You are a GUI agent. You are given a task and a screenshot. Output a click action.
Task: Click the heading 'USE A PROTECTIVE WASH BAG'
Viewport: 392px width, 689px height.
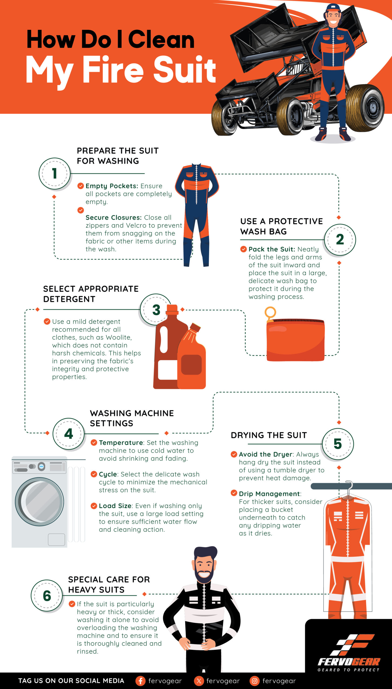click(282, 226)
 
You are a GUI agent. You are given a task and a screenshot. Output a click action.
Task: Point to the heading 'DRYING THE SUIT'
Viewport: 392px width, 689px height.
click(269, 435)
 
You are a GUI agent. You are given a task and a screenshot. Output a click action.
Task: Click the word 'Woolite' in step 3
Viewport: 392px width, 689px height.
click(118, 338)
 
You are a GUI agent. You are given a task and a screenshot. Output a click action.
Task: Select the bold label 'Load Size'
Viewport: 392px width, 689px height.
click(115, 506)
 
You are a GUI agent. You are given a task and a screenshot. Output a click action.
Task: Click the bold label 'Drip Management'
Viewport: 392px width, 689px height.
click(269, 494)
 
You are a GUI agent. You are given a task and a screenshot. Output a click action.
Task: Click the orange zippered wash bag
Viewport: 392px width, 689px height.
click(296, 340)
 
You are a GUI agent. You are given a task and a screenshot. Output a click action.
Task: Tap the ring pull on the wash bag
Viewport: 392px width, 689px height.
click(270, 313)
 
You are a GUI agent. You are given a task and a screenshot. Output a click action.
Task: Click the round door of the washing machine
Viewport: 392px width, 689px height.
click(39, 502)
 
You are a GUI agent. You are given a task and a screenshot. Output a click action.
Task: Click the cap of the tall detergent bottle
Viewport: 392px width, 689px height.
click(172, 310)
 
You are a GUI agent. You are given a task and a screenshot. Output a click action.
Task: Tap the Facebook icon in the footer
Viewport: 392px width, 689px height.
click(140, 681)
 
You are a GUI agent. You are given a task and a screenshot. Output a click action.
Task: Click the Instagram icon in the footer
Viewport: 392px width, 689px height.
click(254, 681)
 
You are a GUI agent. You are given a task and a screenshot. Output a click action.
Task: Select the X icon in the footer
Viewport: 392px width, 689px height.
click(199, 681)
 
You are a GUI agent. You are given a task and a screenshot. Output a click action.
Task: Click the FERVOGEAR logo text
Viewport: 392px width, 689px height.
click(349, 662)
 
